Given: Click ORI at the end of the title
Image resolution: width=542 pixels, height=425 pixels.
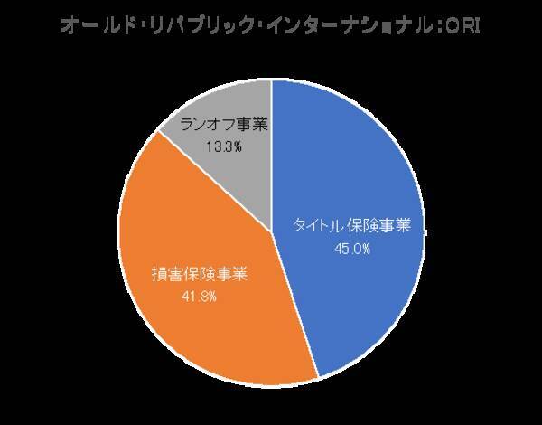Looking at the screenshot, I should coord(466,26).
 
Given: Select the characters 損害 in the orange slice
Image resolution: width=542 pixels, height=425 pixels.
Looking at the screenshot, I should coord(165,272).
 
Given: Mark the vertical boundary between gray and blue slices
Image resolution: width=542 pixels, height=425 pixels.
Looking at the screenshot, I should coord(272,154).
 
